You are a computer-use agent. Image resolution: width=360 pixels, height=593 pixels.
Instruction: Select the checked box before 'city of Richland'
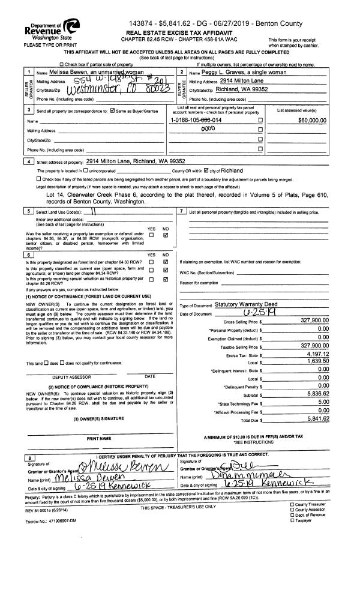208,170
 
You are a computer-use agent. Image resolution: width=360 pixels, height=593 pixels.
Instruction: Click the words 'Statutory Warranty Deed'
247,304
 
